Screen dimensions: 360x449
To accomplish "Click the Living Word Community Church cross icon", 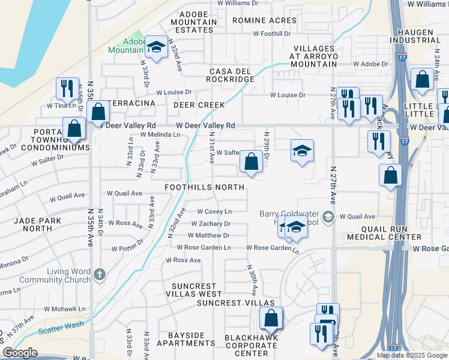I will [x=100, y=275].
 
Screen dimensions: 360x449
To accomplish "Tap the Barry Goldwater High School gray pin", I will [x=328, y=216].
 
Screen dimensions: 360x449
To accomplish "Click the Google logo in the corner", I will [x=20, y=353].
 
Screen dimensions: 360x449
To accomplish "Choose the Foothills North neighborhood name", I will [x=205, y=187].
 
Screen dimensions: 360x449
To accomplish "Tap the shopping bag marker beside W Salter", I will [x=251, y=161].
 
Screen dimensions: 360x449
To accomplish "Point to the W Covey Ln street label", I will [x=215, y=212].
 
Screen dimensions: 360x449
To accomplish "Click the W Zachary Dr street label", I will [x=211, y=224].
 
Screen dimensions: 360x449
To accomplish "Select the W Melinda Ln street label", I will [x=160, y=135].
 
